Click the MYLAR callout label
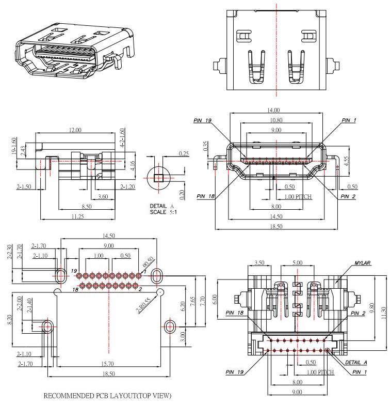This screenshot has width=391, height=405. pyautogui.click(x=363, y=263)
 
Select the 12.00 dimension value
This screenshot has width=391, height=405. pyautogui.click(x=75, y=130)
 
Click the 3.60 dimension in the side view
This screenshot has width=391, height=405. pyautogui.click(x=103, y=196)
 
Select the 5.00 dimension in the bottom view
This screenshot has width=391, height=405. pyautogui.click(x=297, y=263)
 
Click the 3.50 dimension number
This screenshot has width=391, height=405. pyautogui.click(x=259, y=263)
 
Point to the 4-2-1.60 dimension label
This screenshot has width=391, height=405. pyautogui.click(x=122, y=138)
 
